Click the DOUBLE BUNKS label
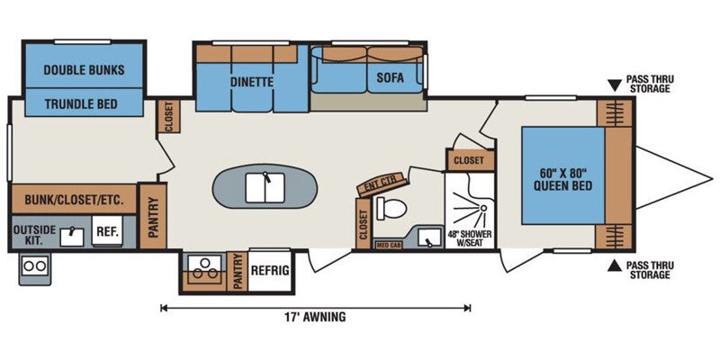84,70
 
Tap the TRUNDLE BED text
81,104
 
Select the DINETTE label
252,82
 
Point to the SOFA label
391,77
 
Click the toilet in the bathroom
391,209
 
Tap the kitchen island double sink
265,187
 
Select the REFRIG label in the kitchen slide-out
270,271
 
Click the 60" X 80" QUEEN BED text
564,180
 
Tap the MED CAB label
389,245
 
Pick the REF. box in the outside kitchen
107,231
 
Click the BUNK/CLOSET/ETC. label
74,200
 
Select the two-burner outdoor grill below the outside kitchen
35,266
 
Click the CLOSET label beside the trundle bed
168,117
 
